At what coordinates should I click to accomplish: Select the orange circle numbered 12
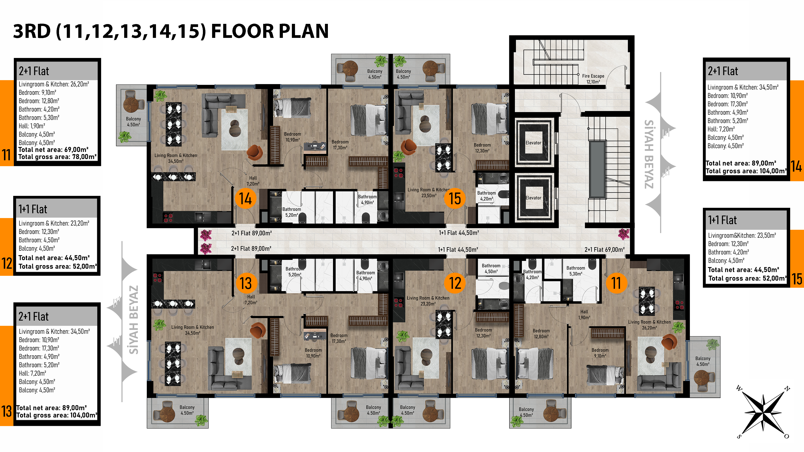point(455,283)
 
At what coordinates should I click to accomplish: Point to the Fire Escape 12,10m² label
point(593,79)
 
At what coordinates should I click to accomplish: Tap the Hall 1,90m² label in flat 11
point(584,315)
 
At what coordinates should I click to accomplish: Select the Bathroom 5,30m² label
point(576,271)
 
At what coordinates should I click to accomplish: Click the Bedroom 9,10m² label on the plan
point(600,353)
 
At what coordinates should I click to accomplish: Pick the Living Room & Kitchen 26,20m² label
point(649,325)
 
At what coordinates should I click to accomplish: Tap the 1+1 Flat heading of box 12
point(33,209)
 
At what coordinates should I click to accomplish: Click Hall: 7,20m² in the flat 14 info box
point(721,129)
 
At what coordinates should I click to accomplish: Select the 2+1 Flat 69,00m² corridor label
point(604,250)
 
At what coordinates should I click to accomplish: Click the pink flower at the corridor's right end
point(623,234)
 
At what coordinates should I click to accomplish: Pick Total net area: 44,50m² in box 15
point(743,270)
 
